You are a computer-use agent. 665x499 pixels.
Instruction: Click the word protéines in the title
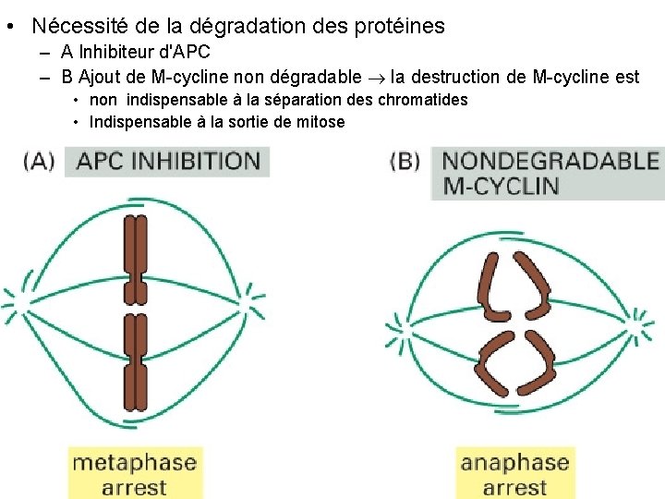pyautogui.click(x=398, y=27)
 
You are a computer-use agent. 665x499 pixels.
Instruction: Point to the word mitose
pyautogui.click(x=318, y=121)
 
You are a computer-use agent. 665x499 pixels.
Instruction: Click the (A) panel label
pyautogui.click(x=40, y=161)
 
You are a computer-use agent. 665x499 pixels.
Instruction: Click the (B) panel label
pyautogui.click(x=406, y=161)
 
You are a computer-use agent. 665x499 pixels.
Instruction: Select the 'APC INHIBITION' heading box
pyautogui.click(x=168, y=161)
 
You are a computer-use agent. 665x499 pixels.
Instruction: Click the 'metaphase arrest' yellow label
pyautogui.click(x=134, y=473)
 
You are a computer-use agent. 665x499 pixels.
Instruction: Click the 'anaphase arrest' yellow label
pyautogui.click(x=514, y=473)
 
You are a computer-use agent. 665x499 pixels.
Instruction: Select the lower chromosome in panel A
pyautogui.click(x=136, y=361)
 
